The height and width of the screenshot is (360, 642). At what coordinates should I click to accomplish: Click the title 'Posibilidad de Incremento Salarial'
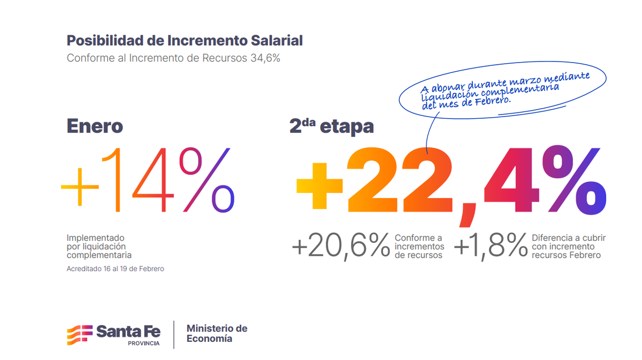(x=185, y=41)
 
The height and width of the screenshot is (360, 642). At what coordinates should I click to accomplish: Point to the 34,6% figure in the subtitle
(x=265, y=58)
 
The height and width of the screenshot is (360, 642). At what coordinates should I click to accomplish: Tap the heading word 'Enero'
(x=95, y=126)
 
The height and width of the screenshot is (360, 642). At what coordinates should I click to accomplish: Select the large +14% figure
(x=148, y=179)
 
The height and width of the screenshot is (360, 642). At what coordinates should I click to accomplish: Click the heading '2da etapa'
(x=331, y=126)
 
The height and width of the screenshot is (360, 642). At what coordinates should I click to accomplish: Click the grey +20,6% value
(x=341, y=247)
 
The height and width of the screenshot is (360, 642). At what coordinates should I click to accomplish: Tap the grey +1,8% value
(x=491, y=247)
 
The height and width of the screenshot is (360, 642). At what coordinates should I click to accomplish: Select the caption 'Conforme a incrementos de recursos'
(x=419, y=247)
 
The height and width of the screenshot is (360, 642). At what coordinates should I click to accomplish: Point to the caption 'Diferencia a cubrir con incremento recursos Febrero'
(x=568, y=247)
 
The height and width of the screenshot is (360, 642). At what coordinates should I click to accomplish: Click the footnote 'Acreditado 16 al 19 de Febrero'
(x=115, y=269)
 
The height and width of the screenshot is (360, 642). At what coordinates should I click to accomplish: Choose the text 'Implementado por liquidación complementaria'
(x=99, y=246)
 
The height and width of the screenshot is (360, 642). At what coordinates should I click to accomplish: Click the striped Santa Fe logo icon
(x=79, y=334)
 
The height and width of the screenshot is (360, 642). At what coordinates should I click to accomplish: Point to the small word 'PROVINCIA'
(x=143, y=343)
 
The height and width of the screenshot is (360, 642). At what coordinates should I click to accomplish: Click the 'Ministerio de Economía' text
(x=217, y=333)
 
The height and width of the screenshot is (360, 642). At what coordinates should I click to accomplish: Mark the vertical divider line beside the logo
(x=174, y=334)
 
